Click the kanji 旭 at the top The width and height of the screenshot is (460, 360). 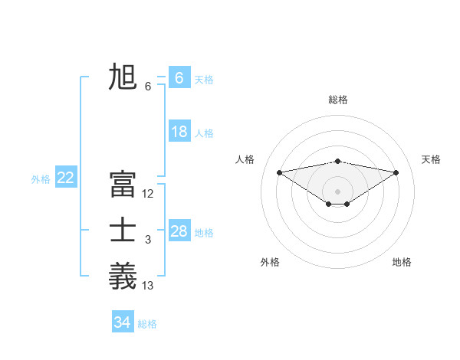(123, 77)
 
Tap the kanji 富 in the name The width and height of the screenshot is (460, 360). (123, 184)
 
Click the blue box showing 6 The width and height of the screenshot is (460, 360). (179, 78)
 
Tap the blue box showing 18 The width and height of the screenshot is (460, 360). (179, 132)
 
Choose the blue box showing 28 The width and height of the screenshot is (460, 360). (179, 231)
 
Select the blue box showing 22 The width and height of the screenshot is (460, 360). (66, 178)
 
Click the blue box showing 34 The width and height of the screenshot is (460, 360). (122, 322)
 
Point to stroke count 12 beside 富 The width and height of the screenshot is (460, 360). (148, 194)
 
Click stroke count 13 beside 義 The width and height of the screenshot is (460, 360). (148, 286)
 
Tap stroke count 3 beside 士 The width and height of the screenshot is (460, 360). (148, 241)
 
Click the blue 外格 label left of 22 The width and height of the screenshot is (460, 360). (41, 179)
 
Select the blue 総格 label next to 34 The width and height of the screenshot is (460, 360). (147, 324)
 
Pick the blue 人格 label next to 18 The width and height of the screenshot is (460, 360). (204, 133)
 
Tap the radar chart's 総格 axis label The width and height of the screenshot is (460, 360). (338, 100)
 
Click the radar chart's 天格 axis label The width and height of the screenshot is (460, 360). (432, 159)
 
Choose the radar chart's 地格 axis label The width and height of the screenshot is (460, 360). (402, 262)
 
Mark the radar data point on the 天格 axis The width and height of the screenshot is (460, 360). (396, 172)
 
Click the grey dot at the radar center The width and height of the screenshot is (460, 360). (338, 191)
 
